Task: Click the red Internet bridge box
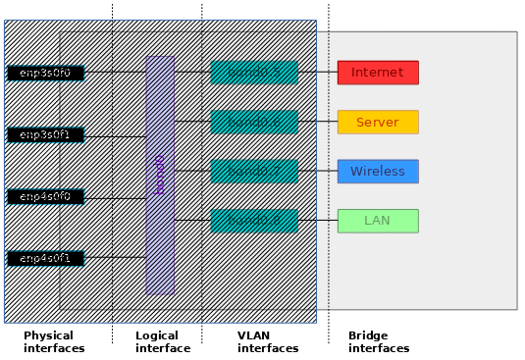(x=378, y=73)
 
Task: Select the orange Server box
(x=378, y=122)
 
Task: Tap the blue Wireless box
(x=378, y=172)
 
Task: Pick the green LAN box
(x=378, y=221)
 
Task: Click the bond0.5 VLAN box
(x=254, y=73)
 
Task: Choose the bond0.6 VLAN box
(x=254, y=122)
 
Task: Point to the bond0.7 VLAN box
(x=254, y=172)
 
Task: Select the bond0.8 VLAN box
(x=254, y=221)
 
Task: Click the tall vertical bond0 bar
(x=160, y=175)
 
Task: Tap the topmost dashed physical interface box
(x=46, y=74)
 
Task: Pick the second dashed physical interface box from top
(x=46, y=134)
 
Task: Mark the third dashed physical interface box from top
(x=46, y=196)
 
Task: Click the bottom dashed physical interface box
(x=46, y=258)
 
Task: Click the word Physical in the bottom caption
(x=49, y=336)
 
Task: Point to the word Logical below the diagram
(x=157, y=336)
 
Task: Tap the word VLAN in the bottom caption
(x=253, y=336)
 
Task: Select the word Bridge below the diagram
(x=368, y=336)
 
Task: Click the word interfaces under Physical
(x=54, y=348)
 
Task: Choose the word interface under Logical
(x=163, y=348)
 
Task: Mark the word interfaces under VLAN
(x=268, y=348)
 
